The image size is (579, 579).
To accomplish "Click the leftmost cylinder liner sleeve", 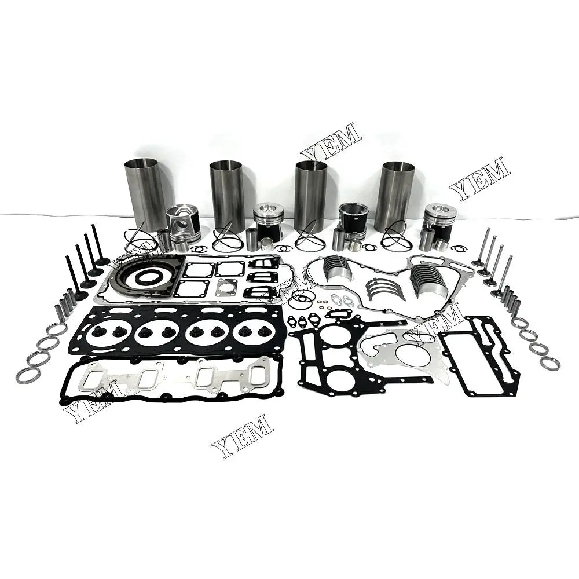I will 145,194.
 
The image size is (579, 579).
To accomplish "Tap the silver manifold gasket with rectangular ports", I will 177,378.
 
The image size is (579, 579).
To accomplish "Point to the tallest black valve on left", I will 97,244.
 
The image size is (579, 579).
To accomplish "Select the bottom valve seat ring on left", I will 27,375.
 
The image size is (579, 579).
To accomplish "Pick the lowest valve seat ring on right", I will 549,363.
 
